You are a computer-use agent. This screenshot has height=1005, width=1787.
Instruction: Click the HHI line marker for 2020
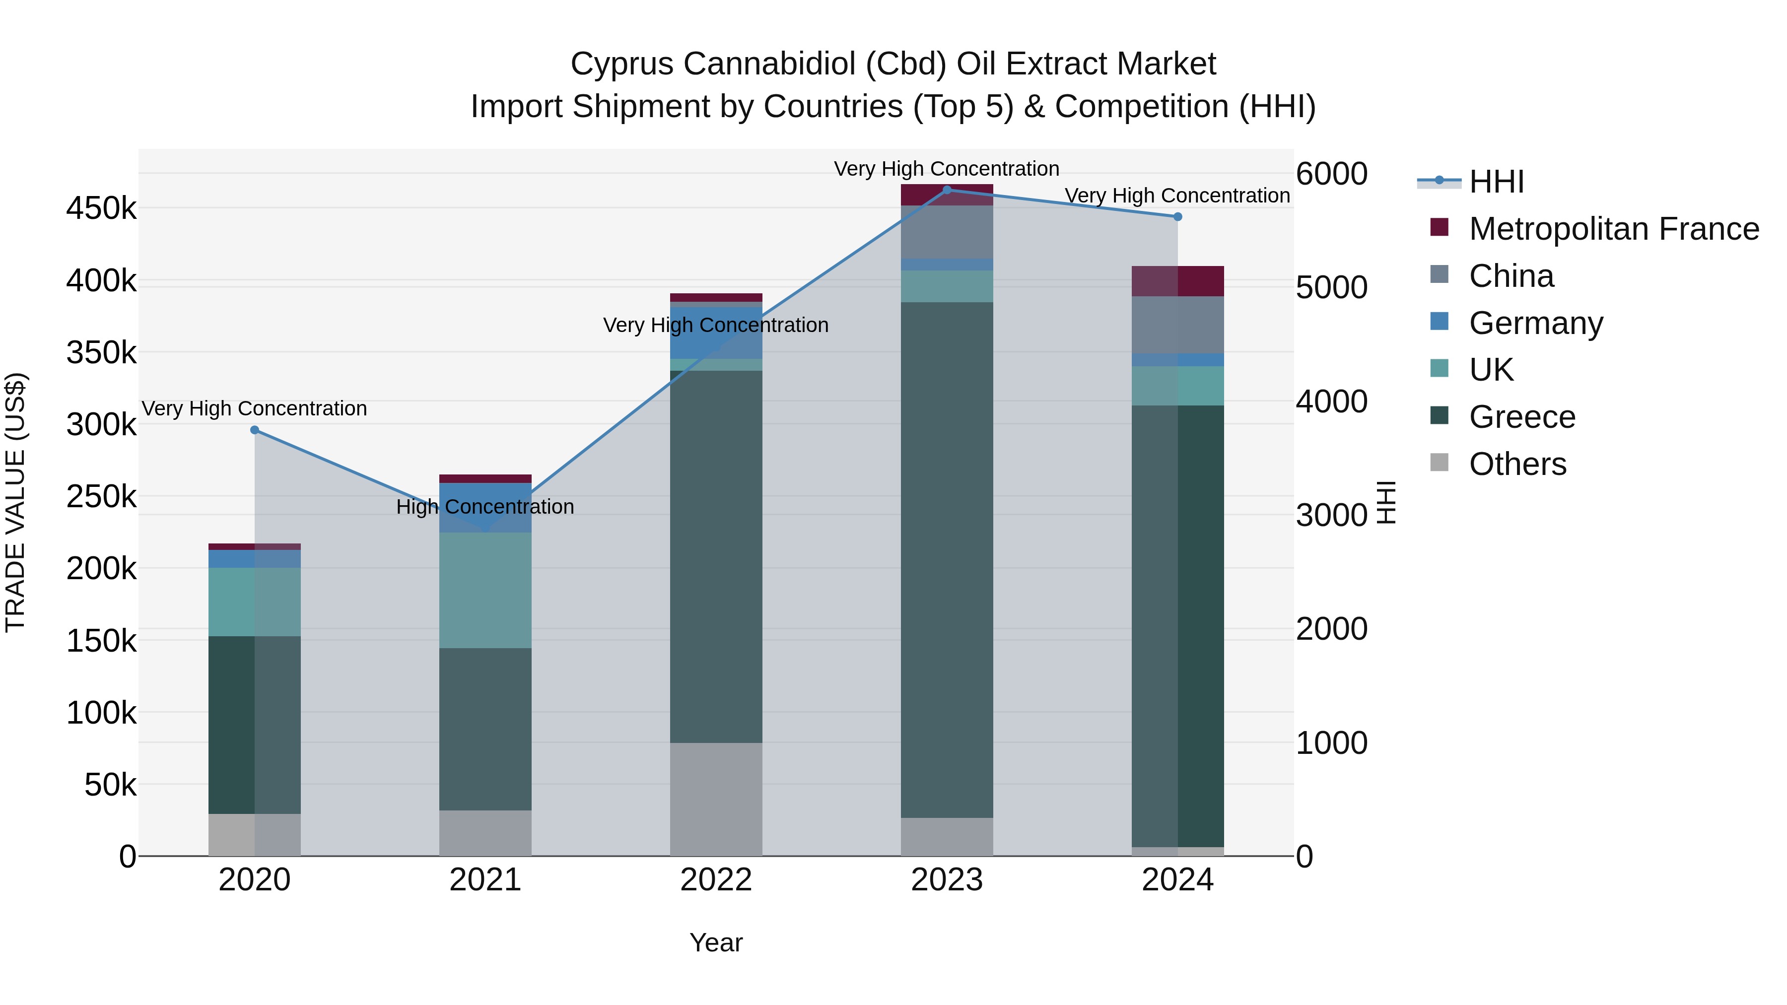(255, 430)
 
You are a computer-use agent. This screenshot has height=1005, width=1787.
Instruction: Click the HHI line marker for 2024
(1177, 217)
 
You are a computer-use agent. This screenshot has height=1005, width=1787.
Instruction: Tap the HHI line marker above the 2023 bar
(947, 190)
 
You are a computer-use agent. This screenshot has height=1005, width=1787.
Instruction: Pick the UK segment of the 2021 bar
(485, 590)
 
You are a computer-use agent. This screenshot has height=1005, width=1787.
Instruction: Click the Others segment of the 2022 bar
(716, 799)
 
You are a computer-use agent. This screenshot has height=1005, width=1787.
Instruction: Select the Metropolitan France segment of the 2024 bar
(1177, 281)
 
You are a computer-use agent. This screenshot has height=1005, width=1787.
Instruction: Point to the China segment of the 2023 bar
(947, 232)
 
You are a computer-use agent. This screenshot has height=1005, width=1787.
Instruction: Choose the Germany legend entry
(1535, 323)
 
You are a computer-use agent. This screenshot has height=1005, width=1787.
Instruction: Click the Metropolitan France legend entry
(1614, 229)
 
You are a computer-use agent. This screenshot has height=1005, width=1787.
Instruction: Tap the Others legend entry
(1517, 464)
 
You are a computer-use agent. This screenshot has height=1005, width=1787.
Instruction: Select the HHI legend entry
(1496, 182)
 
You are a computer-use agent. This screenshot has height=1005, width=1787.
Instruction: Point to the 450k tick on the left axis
(101, 208)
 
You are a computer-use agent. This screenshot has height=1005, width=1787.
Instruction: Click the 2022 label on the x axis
(716, 880)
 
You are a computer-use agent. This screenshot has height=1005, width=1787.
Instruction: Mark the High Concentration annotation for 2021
(485, 507)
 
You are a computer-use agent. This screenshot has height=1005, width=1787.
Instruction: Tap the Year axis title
(716, 942)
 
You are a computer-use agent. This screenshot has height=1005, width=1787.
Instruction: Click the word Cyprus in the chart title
(621, 64)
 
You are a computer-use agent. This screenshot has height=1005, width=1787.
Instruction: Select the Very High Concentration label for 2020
(255, 408)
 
